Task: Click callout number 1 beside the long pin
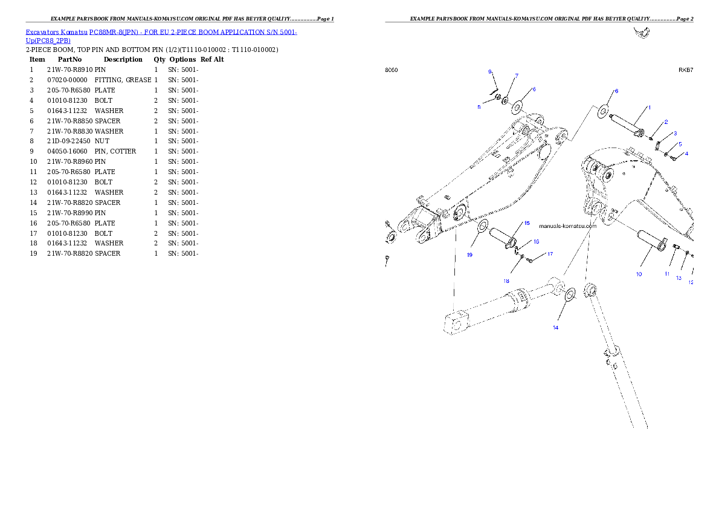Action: coord(649,107)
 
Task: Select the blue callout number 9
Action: coord(491,72)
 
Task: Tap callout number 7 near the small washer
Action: coord(516,76)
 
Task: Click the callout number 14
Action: coord(555,328)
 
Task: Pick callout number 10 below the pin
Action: coord(639,274)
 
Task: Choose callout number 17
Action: coord(550,254)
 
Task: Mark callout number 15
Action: coord(526,223)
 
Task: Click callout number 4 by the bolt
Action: coord(686,154)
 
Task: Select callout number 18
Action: coord(507,281)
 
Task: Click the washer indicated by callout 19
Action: coord(483,227)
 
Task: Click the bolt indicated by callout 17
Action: coord(530,261)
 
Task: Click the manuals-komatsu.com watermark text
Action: coord(567,226)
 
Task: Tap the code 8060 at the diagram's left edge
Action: coord(392,70)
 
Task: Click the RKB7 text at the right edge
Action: coord(686,70)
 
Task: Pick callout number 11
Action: coord(667,274)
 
